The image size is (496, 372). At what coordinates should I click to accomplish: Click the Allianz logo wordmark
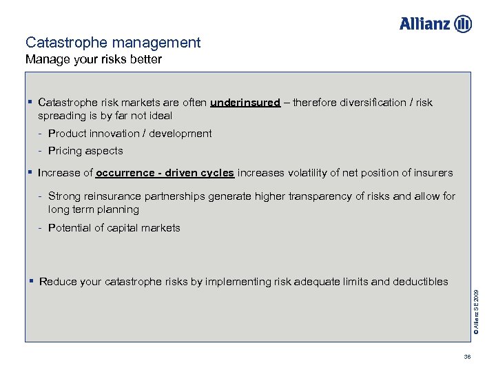425,23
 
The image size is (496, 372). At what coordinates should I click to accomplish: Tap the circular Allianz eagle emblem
464,23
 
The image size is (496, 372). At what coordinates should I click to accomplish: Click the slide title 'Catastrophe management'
113,43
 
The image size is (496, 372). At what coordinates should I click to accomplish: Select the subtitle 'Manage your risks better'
94,59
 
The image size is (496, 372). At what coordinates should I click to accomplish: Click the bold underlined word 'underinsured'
245,103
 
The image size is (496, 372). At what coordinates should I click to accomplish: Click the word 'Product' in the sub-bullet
68,134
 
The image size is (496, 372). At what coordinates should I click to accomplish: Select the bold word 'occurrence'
125,173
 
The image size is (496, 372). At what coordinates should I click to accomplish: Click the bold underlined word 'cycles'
216,173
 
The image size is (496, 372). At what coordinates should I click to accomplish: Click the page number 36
467,357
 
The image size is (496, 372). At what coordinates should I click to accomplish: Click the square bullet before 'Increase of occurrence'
31,172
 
